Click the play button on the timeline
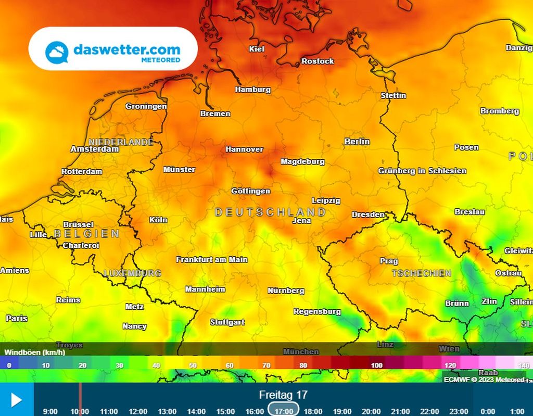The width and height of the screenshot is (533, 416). pos(16,400)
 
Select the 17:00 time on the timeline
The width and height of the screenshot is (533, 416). pos(284,411)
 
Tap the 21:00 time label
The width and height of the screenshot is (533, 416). pos(400,411)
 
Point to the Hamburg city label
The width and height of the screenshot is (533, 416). pos(253,90)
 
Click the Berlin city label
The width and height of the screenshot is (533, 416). pos(357,142)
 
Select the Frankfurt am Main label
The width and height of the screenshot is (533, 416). pos(212,259)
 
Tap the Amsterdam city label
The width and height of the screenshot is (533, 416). pos(95,149)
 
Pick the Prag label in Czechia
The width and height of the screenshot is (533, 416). pos(389,261)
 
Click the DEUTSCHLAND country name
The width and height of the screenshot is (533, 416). pos(270,212)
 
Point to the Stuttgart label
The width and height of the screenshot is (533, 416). pos(227,322)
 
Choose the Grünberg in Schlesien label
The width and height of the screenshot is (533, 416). pos(422,171)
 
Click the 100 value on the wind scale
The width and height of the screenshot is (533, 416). pos(377,365)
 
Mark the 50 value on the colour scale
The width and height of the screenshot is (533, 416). pos(193,365)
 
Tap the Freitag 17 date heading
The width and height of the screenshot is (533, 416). pos(284,395)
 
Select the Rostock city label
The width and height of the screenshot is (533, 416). pos(318,61)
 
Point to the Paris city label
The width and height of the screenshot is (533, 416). pos(17,318)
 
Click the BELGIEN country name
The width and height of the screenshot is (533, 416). pos(87,234)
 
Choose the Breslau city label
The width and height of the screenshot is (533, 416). pos(469,212)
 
